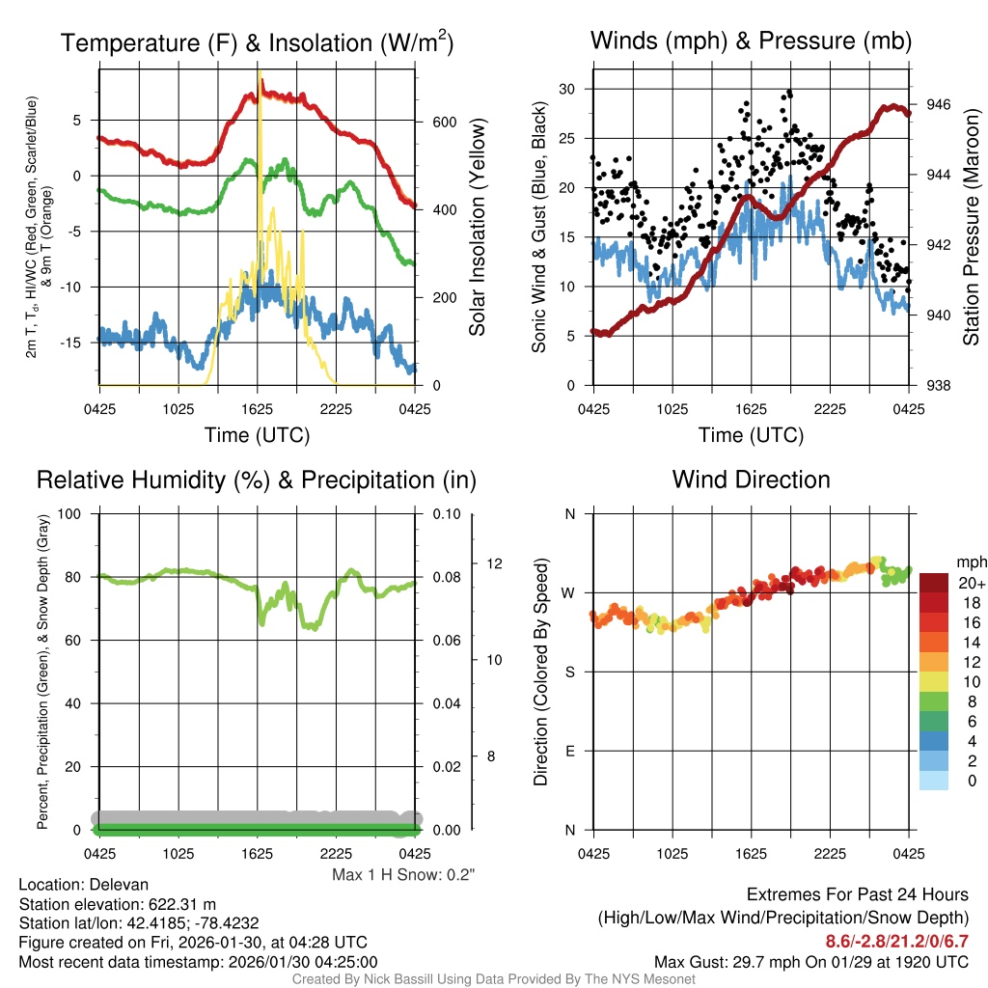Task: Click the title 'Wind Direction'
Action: (x=751, y=480)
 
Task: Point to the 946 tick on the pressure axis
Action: (x=940, y=104)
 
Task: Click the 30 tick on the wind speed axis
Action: (x=567, y=89)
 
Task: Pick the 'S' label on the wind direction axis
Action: (x=569, y=672)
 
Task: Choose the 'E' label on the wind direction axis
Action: (x=569, y=751)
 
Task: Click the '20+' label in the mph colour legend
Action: (x=971, y=583)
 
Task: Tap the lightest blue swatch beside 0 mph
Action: (x=933, y=781)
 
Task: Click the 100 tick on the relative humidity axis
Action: (x=70, y=513)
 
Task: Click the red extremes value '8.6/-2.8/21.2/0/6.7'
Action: (x=896, y=941)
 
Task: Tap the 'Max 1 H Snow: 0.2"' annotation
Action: (x=403, y=874)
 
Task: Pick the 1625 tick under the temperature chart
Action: (x=258, y=408)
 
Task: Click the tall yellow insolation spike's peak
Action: (x=260, y=73)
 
